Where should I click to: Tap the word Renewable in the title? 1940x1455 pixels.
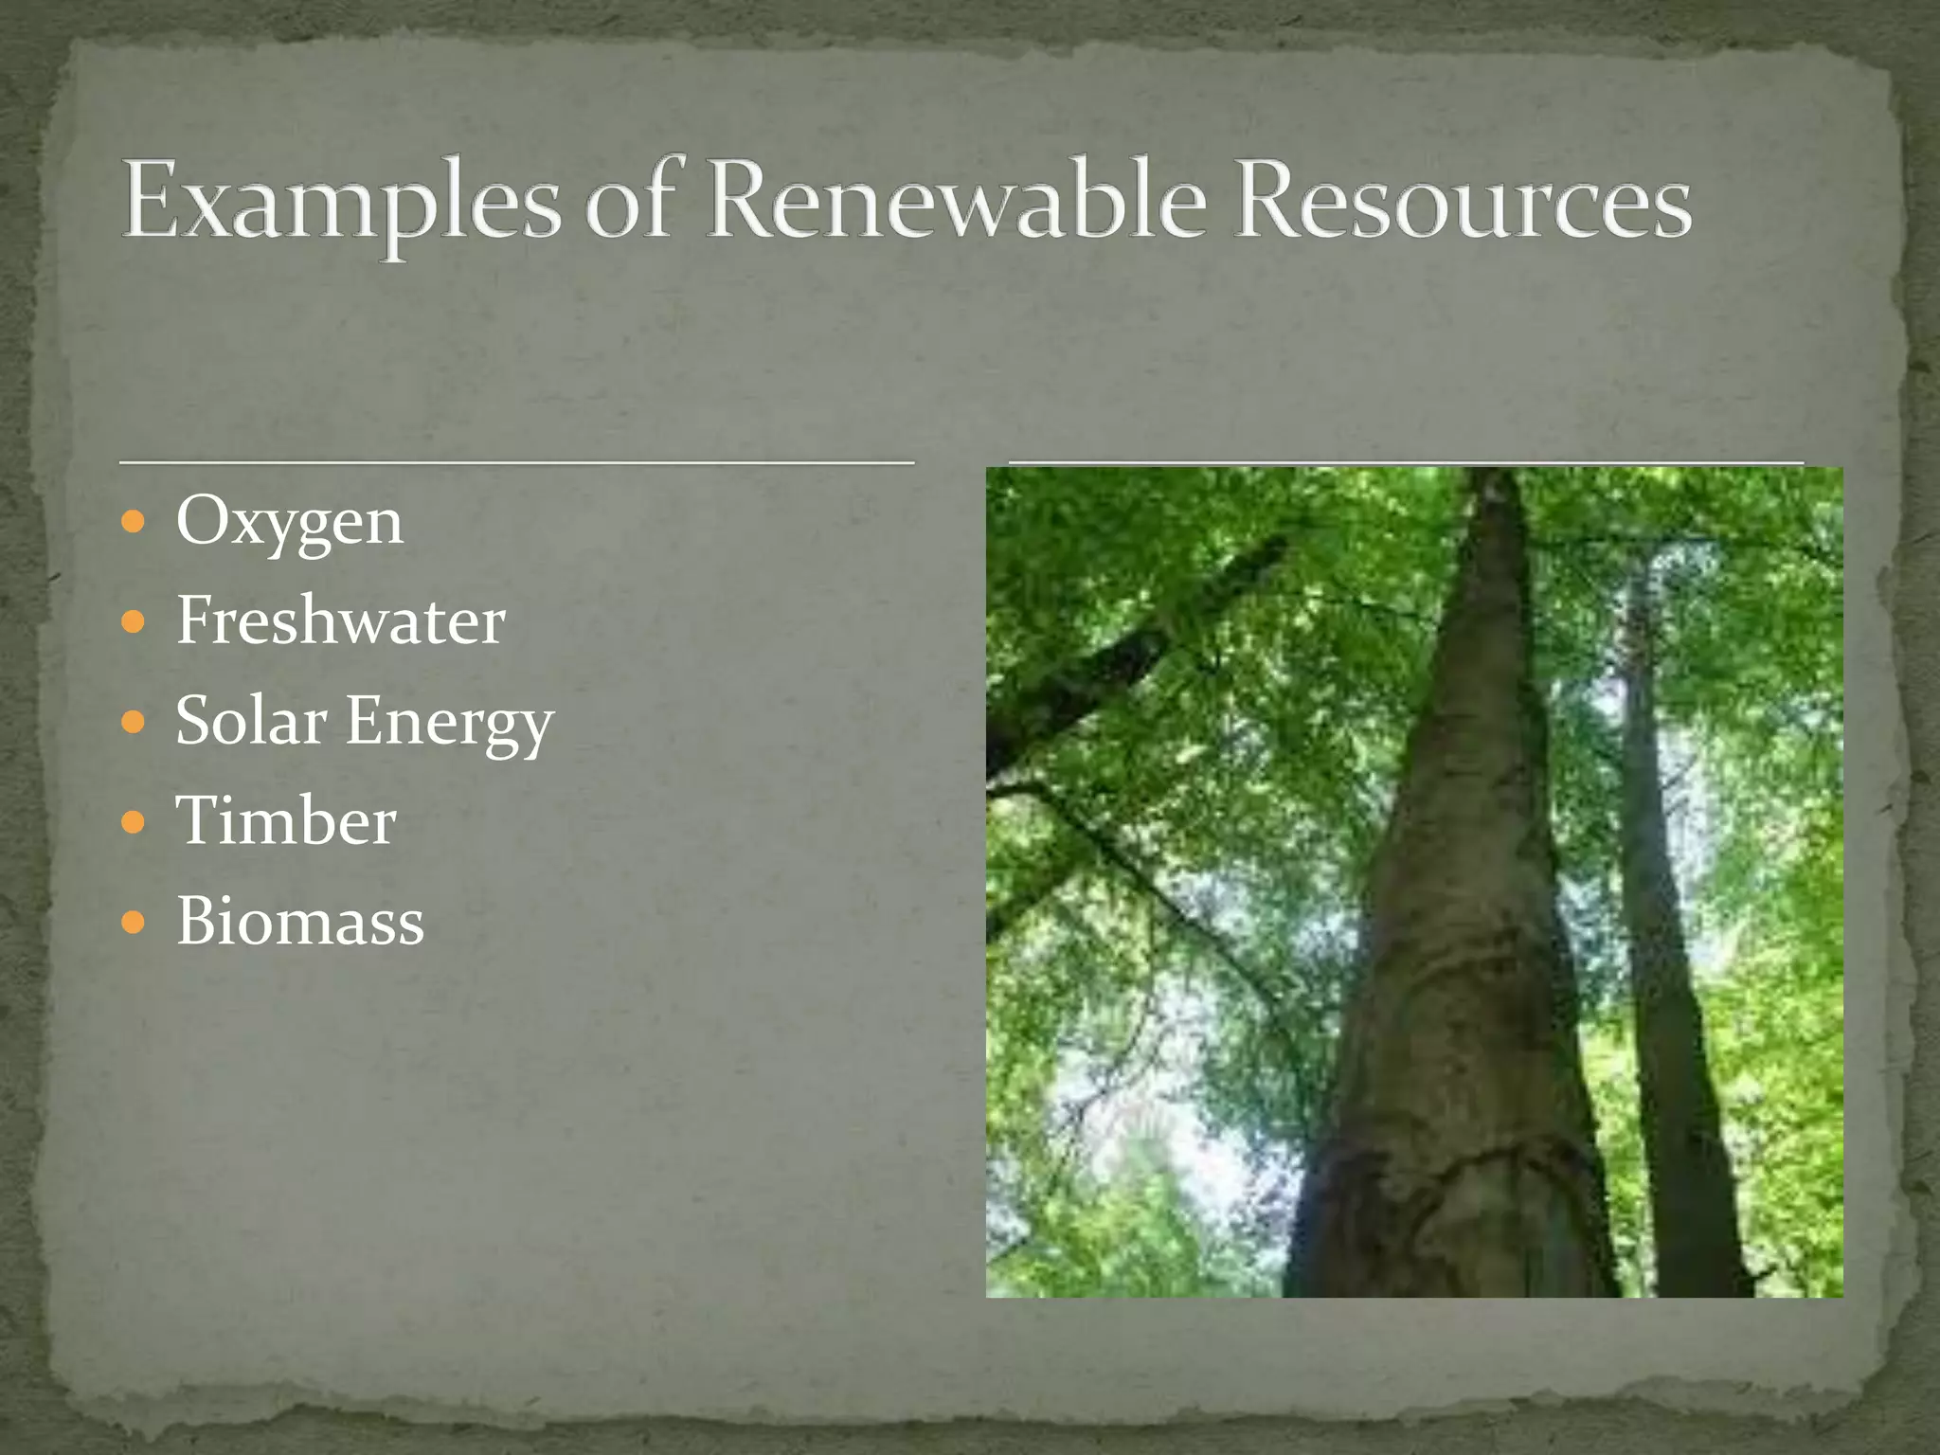click(x=957, y=200)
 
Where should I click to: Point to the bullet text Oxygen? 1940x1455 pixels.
click(x=290, y=522)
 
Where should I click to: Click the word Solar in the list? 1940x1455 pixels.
click(x=251, y=721)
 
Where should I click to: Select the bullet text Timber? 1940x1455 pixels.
click(x=286, y=820)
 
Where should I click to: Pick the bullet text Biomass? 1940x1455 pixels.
click(x=300, y=921)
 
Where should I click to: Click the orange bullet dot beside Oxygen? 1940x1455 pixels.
click(x=134, y=522)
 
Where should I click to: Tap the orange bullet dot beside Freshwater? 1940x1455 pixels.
click(x=134, y=622)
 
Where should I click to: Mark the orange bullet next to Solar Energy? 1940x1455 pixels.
click(x=134, y=722)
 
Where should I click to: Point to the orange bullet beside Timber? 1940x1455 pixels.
click(x=134, y=821)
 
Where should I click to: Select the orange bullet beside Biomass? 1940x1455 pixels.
click(x=134, y=922)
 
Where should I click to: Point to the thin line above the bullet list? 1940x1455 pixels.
click(x=516, y=462)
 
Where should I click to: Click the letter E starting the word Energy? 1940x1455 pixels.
click(x=364, y=721)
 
